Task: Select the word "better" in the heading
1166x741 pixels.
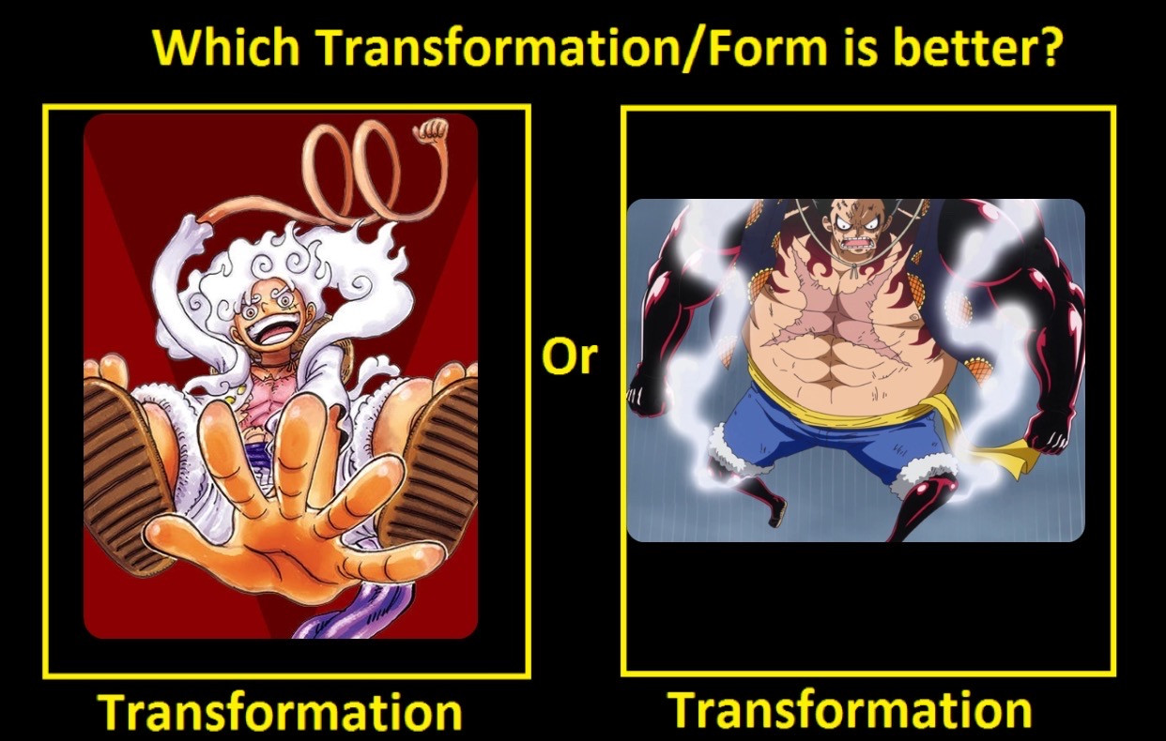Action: (x=959, y=47)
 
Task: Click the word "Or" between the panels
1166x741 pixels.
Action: (x=570, y=356)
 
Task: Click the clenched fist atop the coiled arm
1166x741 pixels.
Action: (x=431, y=130)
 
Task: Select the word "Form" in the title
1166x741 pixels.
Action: (x=761, y=47)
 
